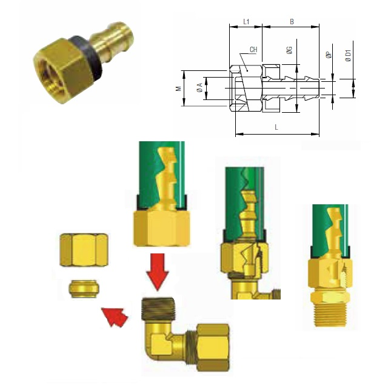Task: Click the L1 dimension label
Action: point(246,22)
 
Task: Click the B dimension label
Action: point(292,22)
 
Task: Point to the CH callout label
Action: point(253,50)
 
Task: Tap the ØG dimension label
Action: point(289,50)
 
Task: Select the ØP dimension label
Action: point(329,55)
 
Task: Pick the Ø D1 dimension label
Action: point(348,56)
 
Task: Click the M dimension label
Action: point(178,89)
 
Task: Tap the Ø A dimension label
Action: point(199,88)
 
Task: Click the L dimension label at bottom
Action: point(276,127)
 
